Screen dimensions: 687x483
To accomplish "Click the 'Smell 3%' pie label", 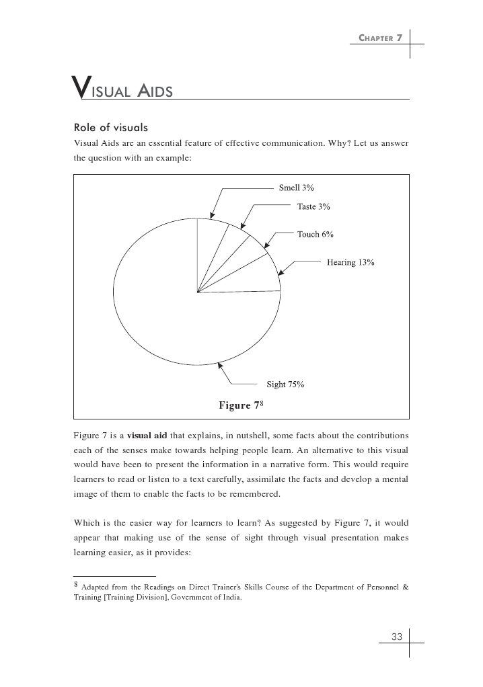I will point(297,188).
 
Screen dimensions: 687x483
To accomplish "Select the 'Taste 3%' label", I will point(313,207).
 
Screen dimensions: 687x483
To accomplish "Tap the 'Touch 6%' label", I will point(315,235).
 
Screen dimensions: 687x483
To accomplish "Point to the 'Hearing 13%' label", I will point(350,262).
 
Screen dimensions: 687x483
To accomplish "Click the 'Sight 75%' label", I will point(285,385).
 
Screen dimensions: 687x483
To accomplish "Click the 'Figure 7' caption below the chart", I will point(239,405).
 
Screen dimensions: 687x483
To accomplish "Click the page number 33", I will point(396,637).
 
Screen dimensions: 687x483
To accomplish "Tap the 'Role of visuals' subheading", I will point(110,127).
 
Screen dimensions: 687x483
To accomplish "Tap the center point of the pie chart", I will point(197,292).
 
